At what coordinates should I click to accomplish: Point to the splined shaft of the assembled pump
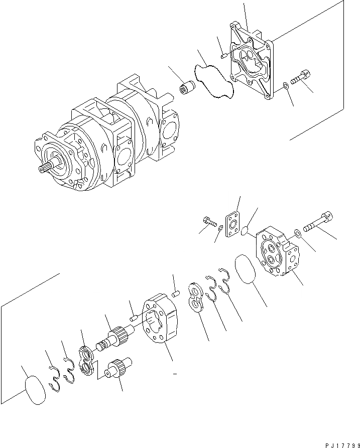[46, 169]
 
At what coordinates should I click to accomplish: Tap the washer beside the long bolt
[297, 232]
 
